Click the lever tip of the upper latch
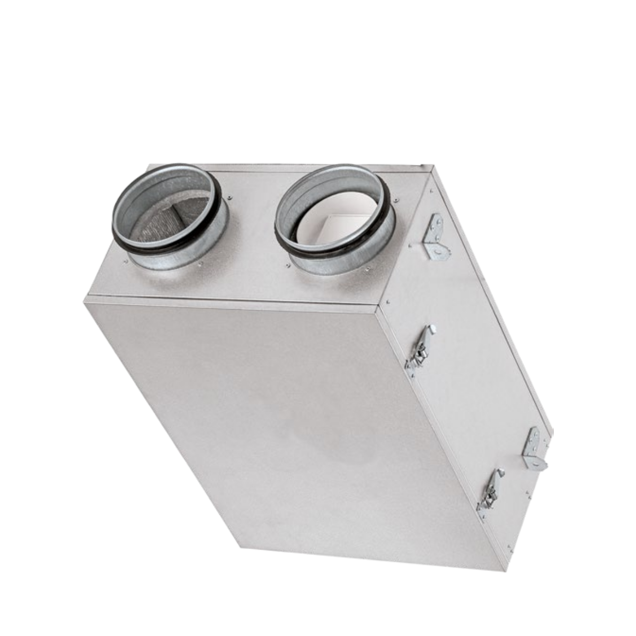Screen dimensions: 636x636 click(432, 329)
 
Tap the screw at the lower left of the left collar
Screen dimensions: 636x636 click(126, 261)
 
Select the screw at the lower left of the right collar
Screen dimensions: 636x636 click(289, 263)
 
